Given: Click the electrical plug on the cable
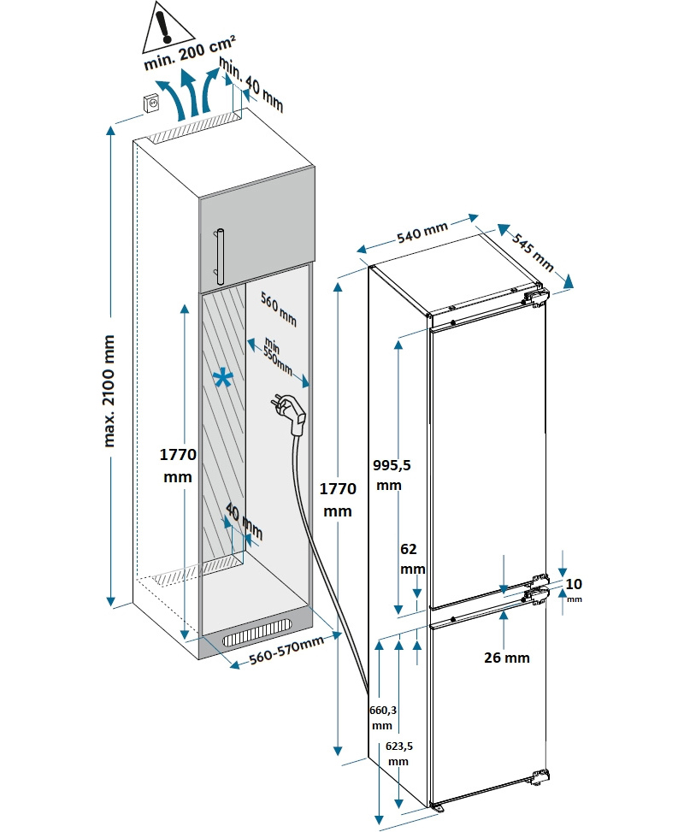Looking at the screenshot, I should [x=290, y=411].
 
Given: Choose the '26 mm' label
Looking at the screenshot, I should [x=506, y=658].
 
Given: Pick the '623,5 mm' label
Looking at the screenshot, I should [x=398, y=752].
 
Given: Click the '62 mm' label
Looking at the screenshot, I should [x=412, y=560].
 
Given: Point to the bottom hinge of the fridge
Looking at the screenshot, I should [x=539, y=776].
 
